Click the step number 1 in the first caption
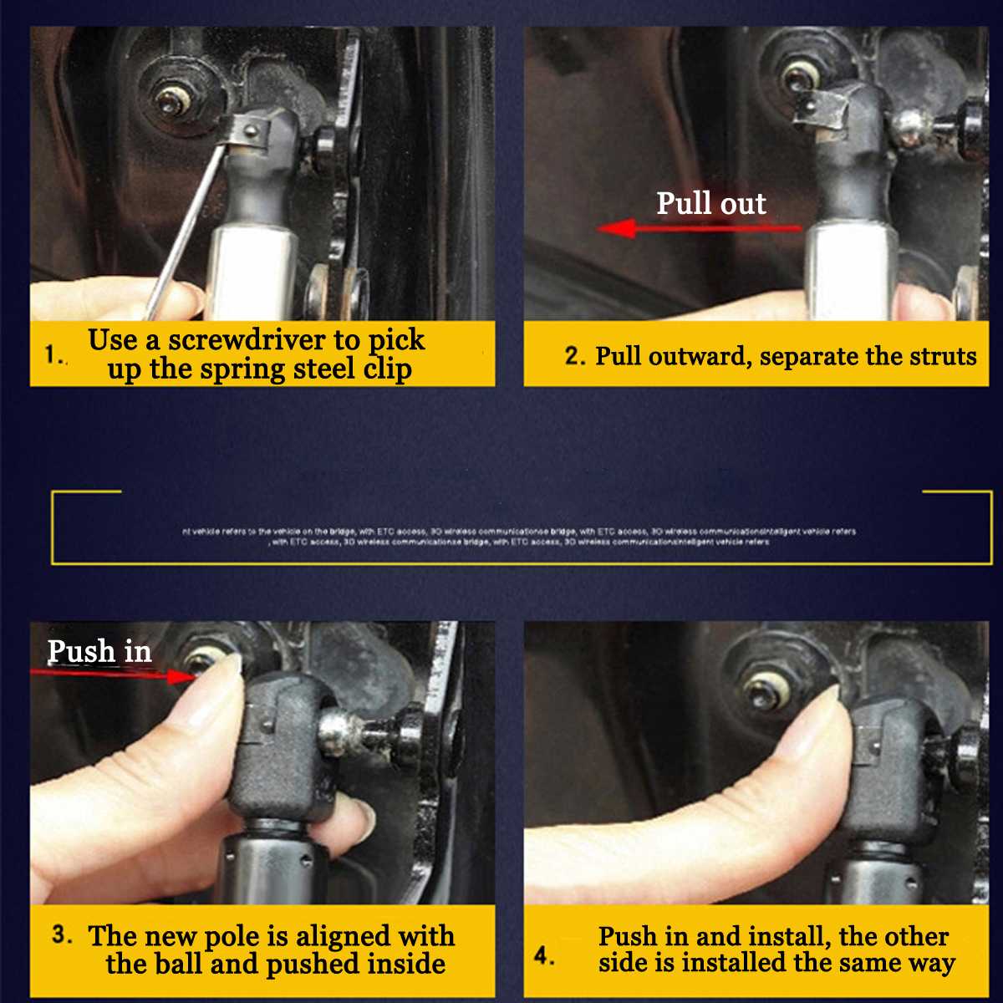52,354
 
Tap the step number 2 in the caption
573,356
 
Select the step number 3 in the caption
61,934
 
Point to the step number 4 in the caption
543,955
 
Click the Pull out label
710,204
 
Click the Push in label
99,651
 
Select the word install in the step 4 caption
787,936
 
